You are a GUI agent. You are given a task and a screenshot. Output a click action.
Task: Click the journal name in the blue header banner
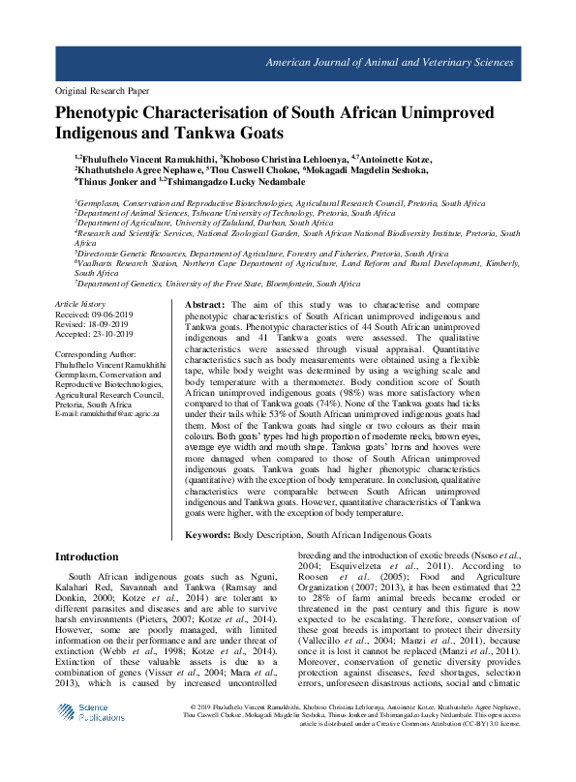[x=417, y=61]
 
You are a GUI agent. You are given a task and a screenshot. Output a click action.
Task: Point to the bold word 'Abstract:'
[x=204, y=304]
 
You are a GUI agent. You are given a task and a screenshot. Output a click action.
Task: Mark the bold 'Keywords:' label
[x=207, y=533]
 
